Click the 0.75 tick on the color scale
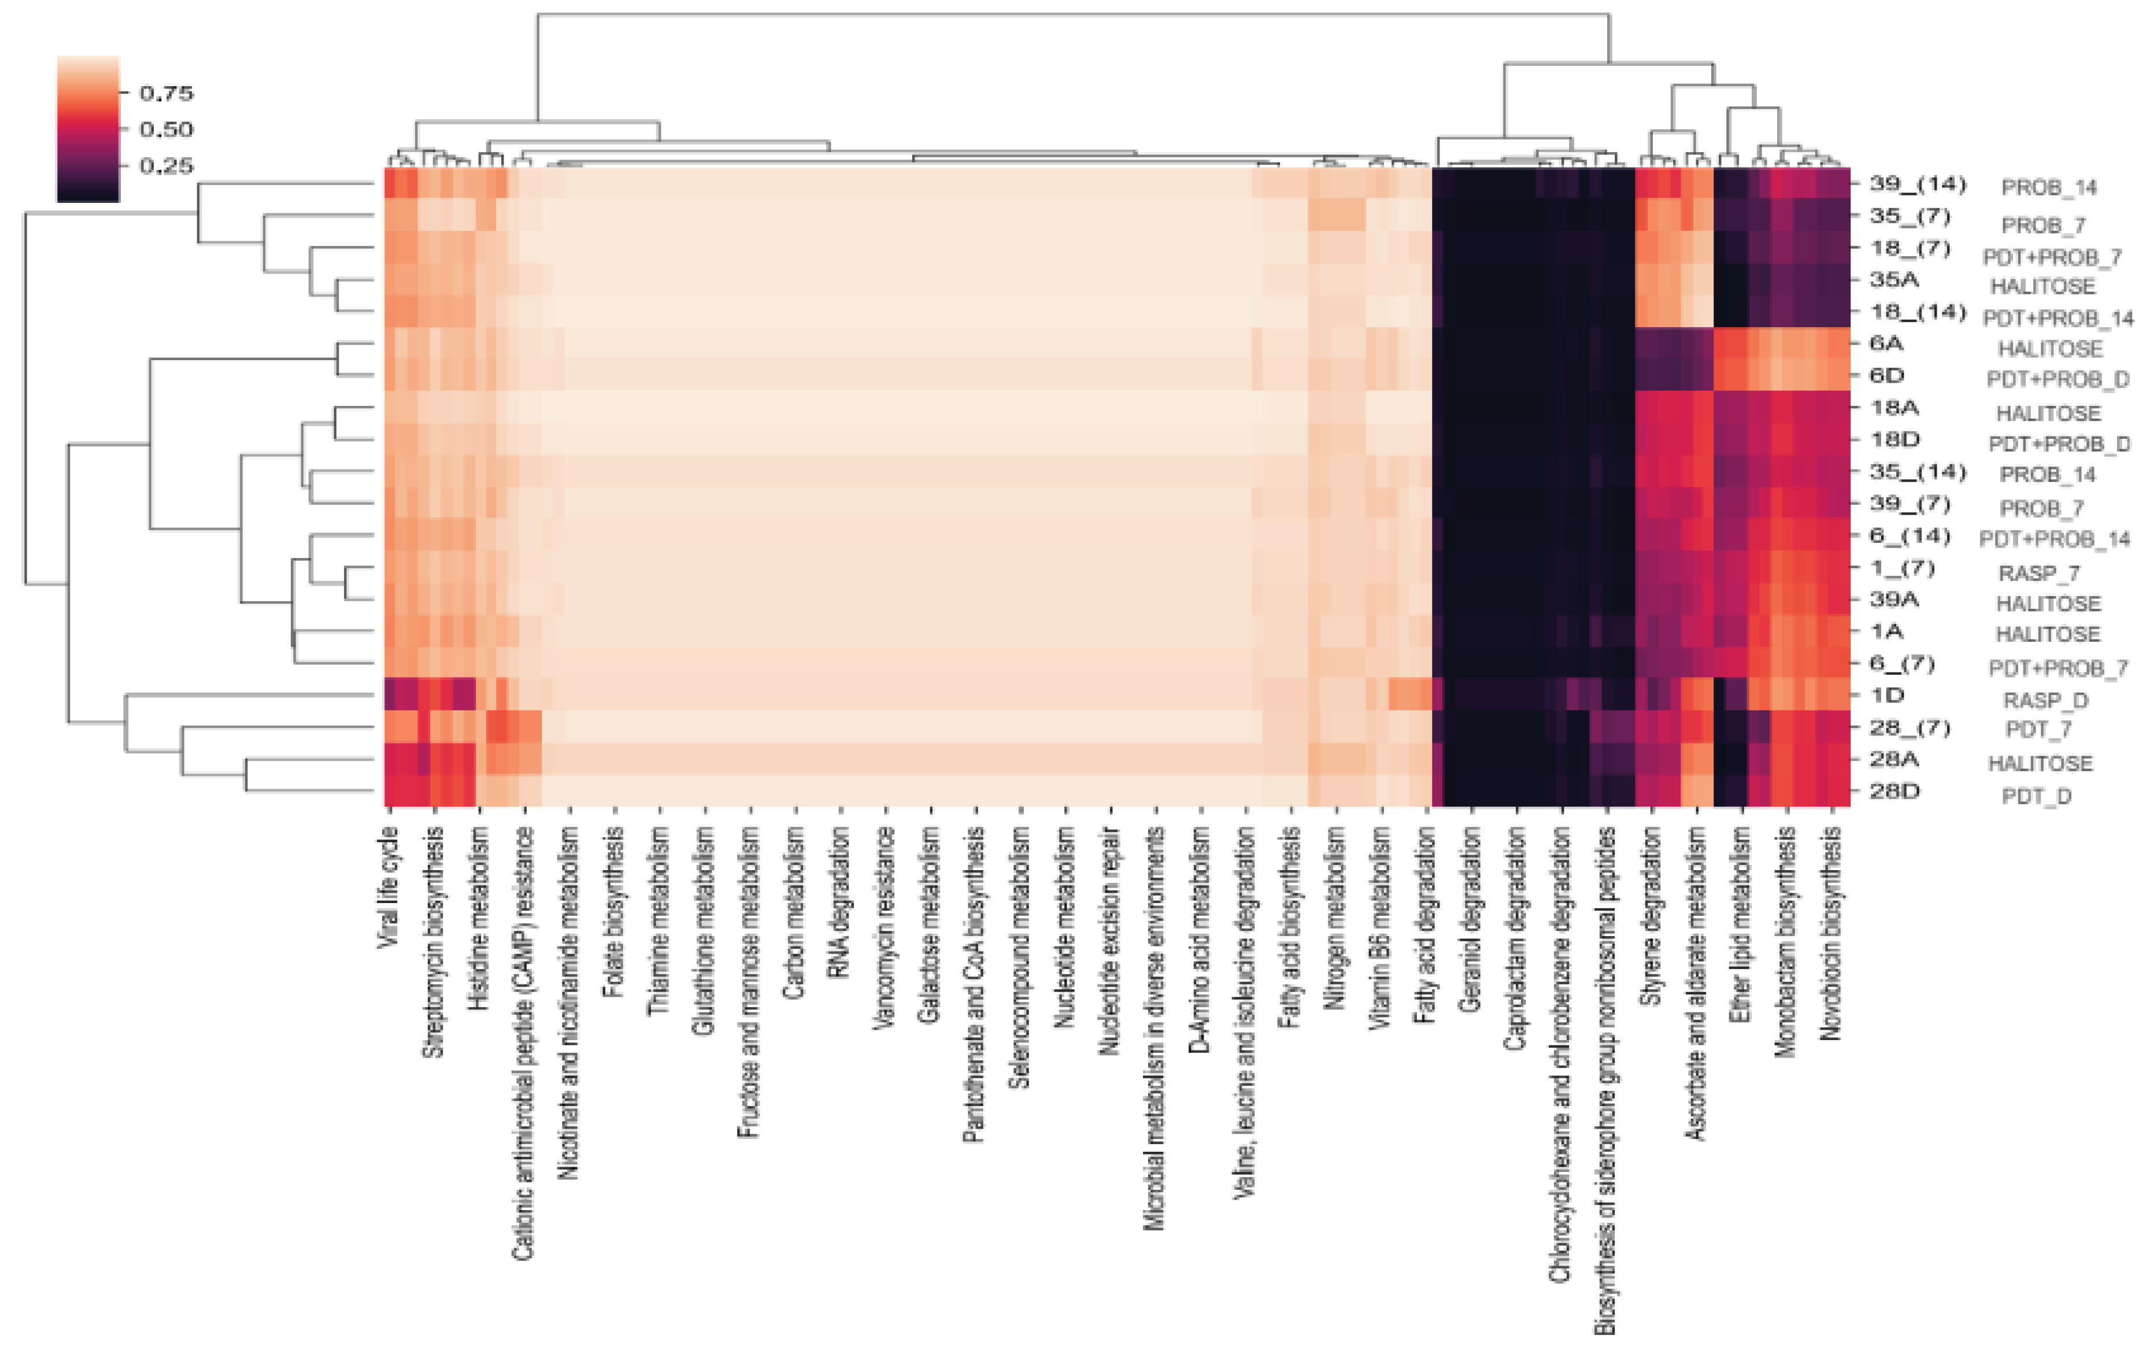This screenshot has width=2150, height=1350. (166, 93)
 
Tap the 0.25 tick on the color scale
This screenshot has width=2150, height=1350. (166, 166)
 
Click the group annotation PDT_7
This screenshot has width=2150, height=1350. (2037, 730)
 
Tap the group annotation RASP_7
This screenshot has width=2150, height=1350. (2038, 573)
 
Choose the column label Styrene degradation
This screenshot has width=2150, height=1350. (1652, 915)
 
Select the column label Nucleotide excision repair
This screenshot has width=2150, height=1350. (1110, 941)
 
